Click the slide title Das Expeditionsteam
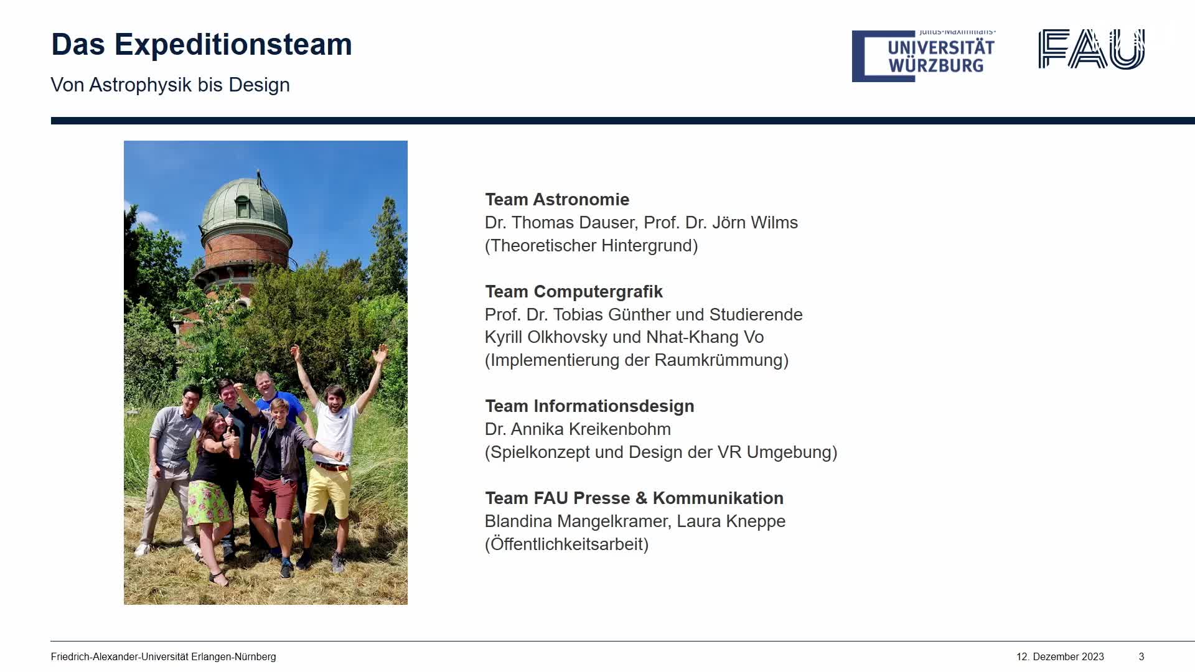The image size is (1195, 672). pyautogui.click(x=202, y=45)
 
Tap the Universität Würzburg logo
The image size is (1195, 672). pyautogui.click(x=924, y=56)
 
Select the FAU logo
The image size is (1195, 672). pyautogui.click(x=1092, y=49)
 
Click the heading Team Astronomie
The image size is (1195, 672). pyautogui.click(x=557, y=200)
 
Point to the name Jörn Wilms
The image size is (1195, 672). pyautogui.click(x=755, y=223)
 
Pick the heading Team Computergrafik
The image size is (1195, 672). pyautogui.click(x=574, y=292)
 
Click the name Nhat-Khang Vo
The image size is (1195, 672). pyautogui.click(x=705, y=337)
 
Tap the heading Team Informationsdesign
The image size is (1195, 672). pyautogui.click(x=589, y=406)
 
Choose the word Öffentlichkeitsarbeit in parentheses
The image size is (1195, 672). pyautogui.click(x=567, y=544)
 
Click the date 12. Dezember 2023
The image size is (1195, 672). pyautogui.click(x=1060, y=657)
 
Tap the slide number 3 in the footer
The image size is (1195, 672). pyautogui.click(x=1141, y=657)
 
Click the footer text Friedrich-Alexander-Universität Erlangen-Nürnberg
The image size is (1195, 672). pyautogui.click(x=163, y=657)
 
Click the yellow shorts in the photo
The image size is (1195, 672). pyautogui.click(x=329, y=490)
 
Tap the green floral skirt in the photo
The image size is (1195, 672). pyautogui.click(x=209, y=503)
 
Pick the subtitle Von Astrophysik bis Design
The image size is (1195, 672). pyautogui.click(x=170, y=85)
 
